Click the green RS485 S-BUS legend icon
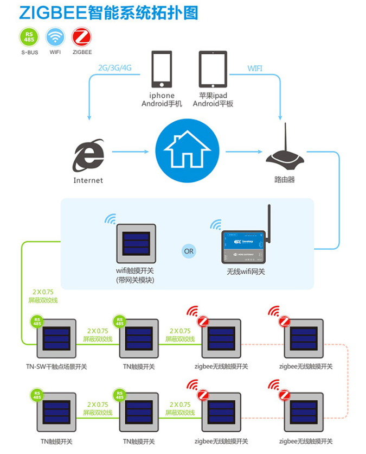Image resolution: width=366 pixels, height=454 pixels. point(29,37)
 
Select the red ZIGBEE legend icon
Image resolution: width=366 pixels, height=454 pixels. point(82,37)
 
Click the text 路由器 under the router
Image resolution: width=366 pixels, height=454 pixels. point(285,179)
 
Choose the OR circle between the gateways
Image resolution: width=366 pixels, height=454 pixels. point(188,251)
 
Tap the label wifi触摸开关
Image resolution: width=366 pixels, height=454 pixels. point(136,271)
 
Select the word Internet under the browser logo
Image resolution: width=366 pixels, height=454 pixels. point(88,180)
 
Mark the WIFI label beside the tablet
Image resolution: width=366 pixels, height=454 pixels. point(255,68)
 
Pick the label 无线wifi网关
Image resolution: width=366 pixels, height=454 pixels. point(246,272)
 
